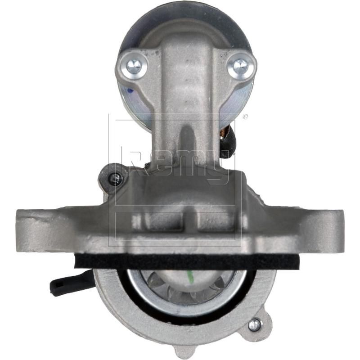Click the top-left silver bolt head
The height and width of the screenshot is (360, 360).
coord(133,66)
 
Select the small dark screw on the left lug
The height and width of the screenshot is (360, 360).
coord(114,178)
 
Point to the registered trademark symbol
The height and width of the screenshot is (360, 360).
coord(245,117)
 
